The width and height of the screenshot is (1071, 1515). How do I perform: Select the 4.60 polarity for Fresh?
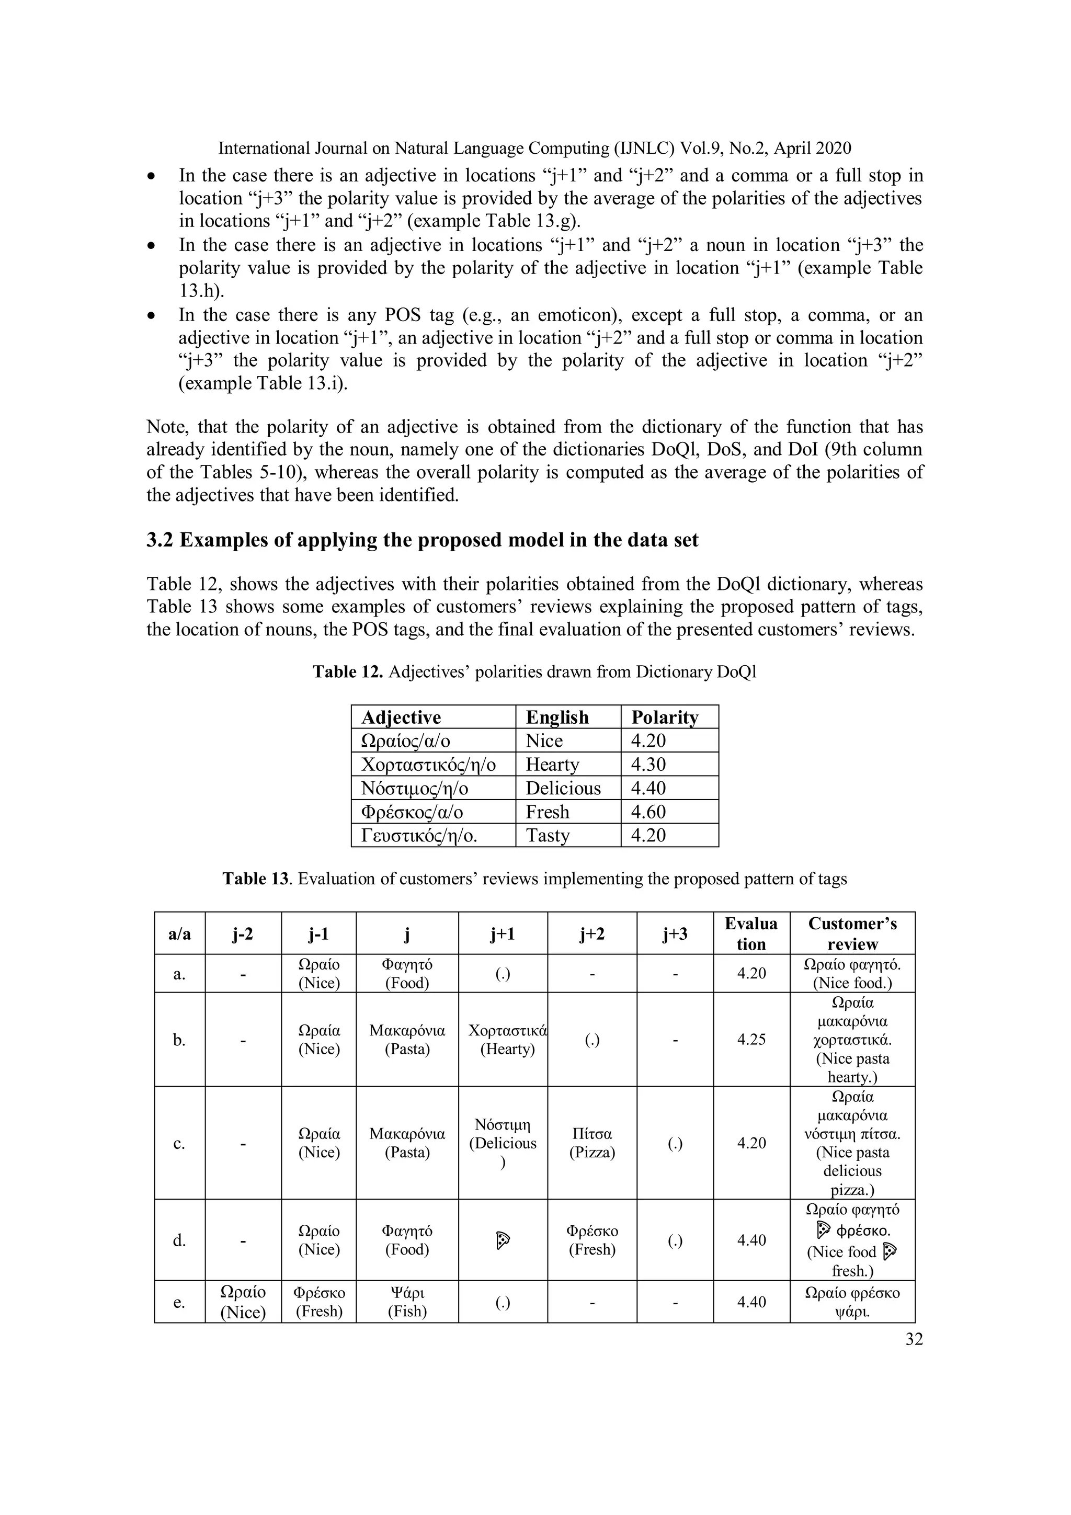(648, 811)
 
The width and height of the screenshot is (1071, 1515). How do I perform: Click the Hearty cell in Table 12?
(552, 764)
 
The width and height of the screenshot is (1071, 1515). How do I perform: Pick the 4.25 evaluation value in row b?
(751, 1039)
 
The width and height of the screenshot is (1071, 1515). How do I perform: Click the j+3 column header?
(675, 933)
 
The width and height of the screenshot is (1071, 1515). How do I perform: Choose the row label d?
(179, 1240)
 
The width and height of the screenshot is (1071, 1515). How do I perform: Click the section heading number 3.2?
(161, 540)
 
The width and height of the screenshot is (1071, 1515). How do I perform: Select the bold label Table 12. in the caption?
(348, 671)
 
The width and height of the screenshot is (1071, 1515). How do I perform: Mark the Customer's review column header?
(852, 933)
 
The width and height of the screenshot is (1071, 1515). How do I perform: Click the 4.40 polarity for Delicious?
(648, 788)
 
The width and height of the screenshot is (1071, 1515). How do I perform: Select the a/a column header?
(179, 933)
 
